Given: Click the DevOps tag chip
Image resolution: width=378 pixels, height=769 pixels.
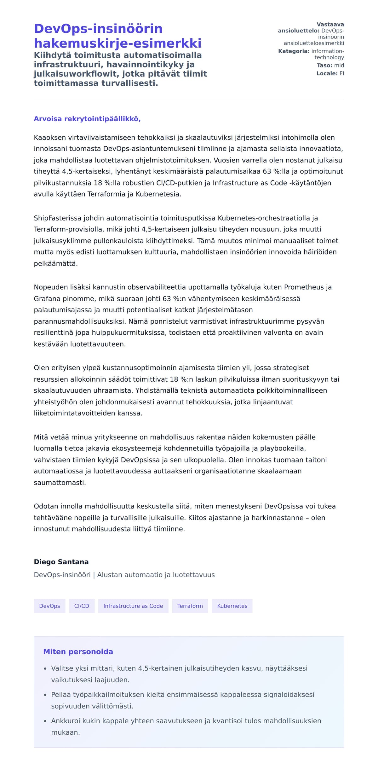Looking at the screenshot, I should pyautogui.click(x=49, y=606).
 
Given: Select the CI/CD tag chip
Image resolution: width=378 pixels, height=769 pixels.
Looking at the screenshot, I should pyautogui.click(x=82, y=606).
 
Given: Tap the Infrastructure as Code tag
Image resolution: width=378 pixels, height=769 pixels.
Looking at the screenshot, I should pyautogui.click(x=133, y=606).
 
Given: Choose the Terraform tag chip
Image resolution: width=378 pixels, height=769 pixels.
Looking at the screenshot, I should pyautogui.click(x=190, y=606).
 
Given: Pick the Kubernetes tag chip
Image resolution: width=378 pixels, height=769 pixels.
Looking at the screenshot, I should pyautogui.click(x=232, y=606).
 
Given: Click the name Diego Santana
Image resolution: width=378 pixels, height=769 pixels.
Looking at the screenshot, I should pyautogui.click(x=61, y=562).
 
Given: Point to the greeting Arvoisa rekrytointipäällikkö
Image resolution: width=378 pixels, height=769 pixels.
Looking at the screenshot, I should pyautogui.click(x=87, y=119).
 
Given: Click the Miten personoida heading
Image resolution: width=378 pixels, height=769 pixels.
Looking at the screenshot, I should pyautogui.click(x=78, y=652).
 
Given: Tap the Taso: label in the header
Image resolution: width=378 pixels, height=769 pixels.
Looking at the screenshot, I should pyautogui.click(x=324, y=66).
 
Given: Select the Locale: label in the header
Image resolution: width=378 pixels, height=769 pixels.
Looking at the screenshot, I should pyautogui.click(x=327, y=73).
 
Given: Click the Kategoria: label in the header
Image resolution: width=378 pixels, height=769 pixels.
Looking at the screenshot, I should pyautogui.click(x=294, y=51).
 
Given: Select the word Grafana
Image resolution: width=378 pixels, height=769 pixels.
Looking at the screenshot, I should pyautogui.click(x=46, y=298).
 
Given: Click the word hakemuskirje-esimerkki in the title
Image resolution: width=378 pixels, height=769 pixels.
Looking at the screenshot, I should pyautogui.click(x=117, y=43).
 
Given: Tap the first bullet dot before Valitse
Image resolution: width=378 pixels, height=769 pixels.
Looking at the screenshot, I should pyautogui.click(x=45, y=669).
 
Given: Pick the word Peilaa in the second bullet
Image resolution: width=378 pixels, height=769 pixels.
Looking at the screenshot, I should pyautogui.click(x=60, y=695).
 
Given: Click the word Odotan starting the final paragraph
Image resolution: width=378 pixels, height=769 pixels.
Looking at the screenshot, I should pyautogui.click(x=45, y=506).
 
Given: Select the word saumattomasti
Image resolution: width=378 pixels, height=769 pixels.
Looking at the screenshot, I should pyautogui.click(x=60, y=483).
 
